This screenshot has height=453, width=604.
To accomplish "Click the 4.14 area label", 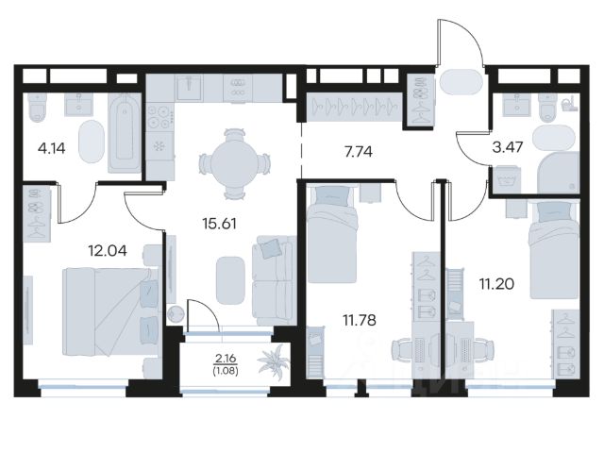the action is point(51,148).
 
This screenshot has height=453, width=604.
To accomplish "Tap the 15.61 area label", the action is point(219,223).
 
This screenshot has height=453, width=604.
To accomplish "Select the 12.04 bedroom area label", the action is point(108,251).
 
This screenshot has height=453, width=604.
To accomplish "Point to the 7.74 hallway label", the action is point(359,152).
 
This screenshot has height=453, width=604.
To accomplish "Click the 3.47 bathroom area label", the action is point(508,147).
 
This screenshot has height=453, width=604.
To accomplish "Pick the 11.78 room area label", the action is point(360,320).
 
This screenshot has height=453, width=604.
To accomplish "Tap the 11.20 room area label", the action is point(496,284).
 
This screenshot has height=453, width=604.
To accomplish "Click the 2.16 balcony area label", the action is point(226,359).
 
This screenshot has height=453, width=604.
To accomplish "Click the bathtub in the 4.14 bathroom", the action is point(125,132).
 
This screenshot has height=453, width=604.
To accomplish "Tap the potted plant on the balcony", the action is point(274,360).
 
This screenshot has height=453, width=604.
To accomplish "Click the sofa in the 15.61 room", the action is point(274,280).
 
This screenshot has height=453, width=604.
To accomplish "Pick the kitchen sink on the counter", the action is point(189,88).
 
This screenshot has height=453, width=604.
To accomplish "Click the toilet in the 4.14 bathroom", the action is point(38,107).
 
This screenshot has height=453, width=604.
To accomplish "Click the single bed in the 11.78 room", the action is point(331,234).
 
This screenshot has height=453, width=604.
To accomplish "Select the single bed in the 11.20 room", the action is point(554,249).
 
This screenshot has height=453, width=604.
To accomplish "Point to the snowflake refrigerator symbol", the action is point(159,146).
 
